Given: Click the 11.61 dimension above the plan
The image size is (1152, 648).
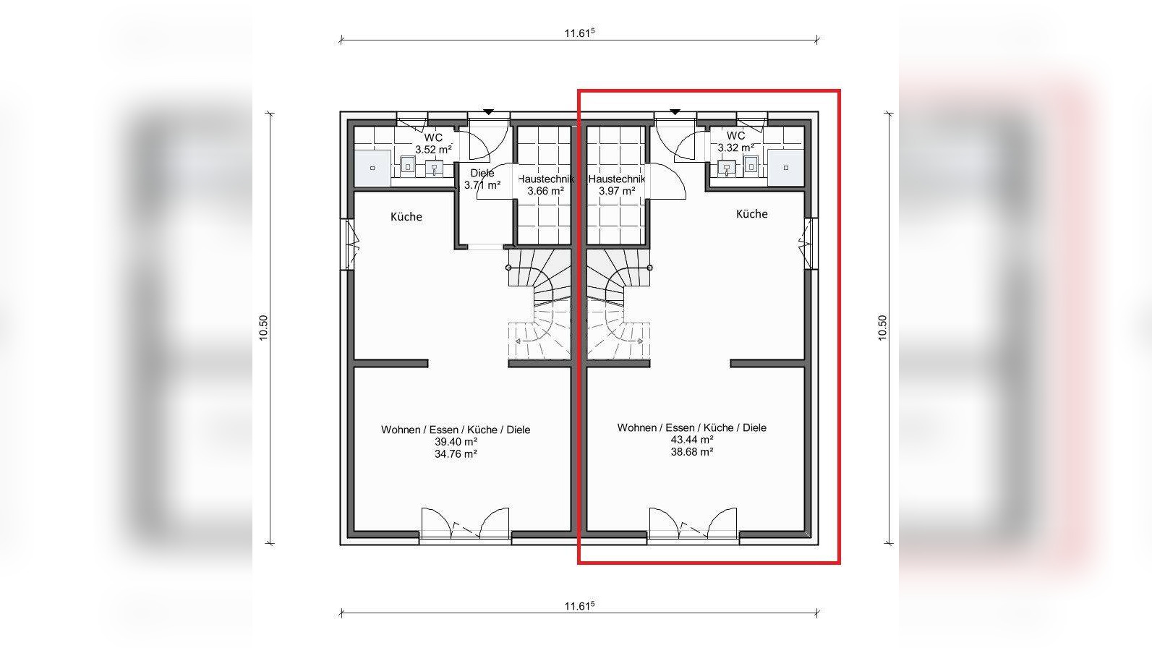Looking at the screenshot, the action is point(579,33).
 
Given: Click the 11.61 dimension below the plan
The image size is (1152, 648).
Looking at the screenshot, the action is point(579,606).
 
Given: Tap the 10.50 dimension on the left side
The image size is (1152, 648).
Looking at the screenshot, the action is point(263,328).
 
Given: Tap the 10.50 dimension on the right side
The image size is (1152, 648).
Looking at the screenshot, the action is point(882,328).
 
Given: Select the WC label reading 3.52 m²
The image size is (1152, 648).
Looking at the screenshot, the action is point(434,143).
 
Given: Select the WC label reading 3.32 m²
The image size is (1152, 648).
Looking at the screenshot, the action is point(736,142).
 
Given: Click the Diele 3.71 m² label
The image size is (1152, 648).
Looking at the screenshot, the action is point(482,179).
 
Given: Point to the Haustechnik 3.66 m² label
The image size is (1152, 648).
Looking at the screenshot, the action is point(546,185).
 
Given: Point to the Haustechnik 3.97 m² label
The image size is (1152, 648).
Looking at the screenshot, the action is point(617,185).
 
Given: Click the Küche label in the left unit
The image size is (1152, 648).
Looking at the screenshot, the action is point(406,216).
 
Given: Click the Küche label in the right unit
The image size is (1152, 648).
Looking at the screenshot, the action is point(752,214).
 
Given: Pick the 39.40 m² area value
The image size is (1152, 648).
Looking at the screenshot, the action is point(456,442).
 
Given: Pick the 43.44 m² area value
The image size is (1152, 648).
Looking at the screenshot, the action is point(692,440).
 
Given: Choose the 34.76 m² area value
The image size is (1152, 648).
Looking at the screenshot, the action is point(456,454).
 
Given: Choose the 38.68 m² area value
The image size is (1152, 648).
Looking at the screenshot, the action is point(692,452).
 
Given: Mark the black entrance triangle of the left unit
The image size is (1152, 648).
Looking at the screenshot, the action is point(488,111).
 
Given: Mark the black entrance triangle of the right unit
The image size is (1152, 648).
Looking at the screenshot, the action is point(675,111).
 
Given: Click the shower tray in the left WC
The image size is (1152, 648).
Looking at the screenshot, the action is point(372,168).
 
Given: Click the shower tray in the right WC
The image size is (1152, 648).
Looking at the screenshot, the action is point(786,168).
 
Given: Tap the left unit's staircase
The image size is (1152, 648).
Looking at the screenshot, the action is point(540,304).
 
